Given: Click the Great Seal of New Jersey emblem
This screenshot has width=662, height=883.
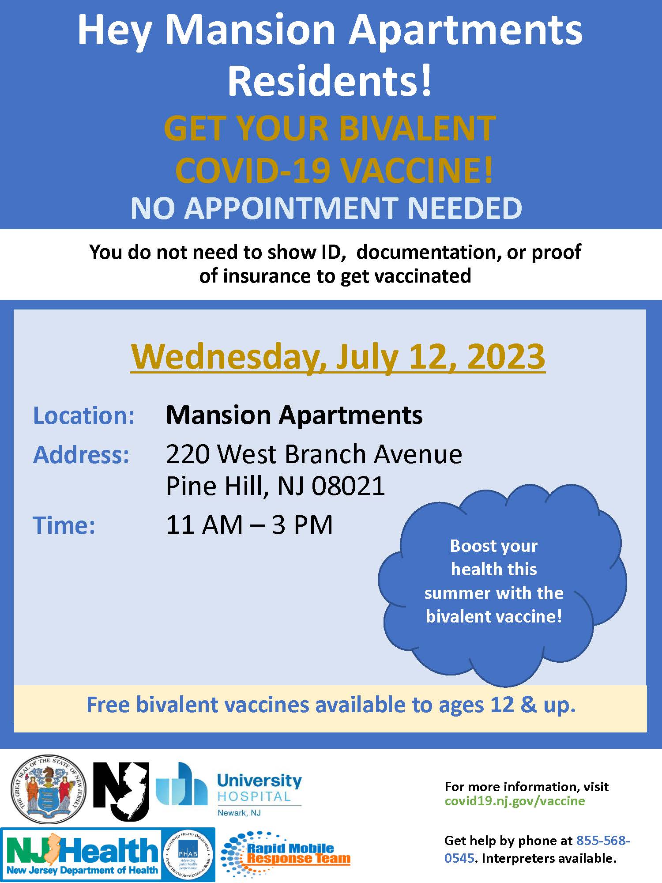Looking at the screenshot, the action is [49, 789].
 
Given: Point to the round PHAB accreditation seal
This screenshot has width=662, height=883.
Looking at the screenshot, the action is [188, 855].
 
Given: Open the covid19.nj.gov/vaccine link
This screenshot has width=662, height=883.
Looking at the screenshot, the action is [515, 801].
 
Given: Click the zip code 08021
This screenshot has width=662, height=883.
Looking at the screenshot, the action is [348, 486].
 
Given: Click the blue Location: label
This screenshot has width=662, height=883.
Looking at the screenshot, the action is [84, 415].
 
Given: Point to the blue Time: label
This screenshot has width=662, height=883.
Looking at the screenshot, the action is [64, 525].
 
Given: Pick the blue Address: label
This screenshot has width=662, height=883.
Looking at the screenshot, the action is [82, 455].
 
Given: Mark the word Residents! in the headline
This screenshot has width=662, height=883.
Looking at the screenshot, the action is [330, 80].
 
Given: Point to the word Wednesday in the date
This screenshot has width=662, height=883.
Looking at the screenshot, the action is [228, 356].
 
